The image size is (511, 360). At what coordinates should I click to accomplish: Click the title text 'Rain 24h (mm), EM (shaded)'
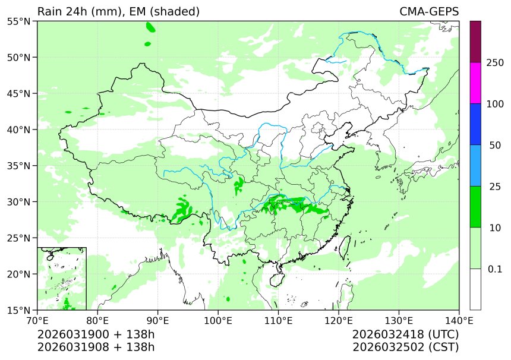pyautogui.click(x=118, y=12)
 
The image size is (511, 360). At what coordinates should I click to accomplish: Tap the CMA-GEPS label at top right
pyautogui.click(x=428, y=12)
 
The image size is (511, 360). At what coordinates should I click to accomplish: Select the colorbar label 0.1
pyautogui.click(x=495, y=269)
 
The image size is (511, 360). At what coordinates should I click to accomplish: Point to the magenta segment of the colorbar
pyautogui.click(x=475, y=83)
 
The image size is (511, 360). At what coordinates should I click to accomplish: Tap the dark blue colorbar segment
pyautogui.click(x=475, y=124)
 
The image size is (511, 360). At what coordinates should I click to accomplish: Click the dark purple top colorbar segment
pyautogui.click(x=475, y=42)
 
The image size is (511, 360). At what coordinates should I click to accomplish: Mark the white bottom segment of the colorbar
pyautogui.click(x=475, y=289)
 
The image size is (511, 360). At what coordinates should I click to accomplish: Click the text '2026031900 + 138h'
pyautogui.click(x=96, y=334)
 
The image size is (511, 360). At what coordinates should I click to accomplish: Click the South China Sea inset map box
pyautogui.click(x=62, y=279)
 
